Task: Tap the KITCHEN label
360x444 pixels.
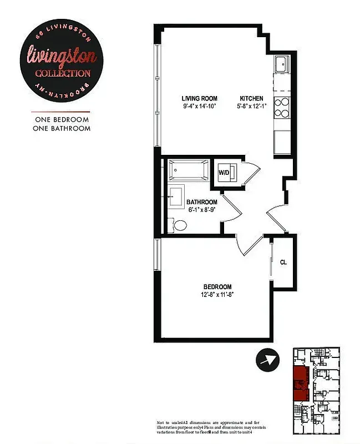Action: [251, 98]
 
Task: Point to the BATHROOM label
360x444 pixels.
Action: [201, 202]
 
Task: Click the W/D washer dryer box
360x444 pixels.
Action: [225, 172]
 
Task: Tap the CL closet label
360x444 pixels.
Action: [283, 263]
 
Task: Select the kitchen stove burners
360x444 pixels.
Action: [281, 107]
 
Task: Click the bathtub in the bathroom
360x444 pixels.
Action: [189, 170]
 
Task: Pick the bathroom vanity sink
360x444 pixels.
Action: [177, 197]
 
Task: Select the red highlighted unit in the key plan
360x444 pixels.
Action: [300, 382]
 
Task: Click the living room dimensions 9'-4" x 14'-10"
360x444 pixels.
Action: [199, 106]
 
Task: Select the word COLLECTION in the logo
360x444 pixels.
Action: [63, 73]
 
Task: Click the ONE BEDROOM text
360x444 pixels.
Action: [62, 119]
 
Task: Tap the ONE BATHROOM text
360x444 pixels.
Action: [62, 128]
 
